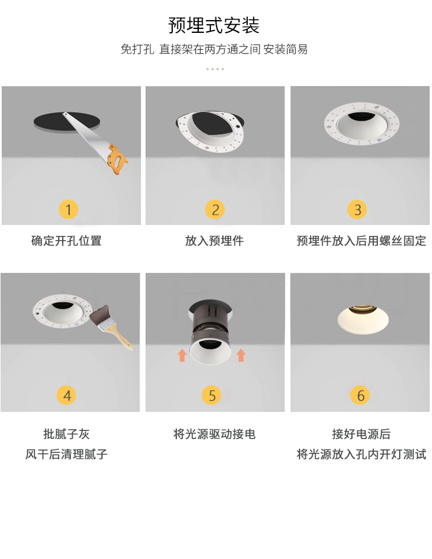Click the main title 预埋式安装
[214, 25]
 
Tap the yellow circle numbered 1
[69, 209]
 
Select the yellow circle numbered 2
[215, 209]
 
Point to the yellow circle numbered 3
[357, 209]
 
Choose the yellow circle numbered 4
[67, 395]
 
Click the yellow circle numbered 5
[211, 395]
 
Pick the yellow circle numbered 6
[360, 395]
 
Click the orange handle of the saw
[117, 159]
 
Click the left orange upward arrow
[182, 355]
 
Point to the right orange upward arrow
[241, 355]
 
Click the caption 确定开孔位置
[67, 241]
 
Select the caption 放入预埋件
[214, 241]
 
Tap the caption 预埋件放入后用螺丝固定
[361, 241]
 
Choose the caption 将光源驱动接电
[214, 434]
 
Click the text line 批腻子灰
[67, 434]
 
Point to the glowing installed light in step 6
[363, 320]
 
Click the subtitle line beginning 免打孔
[214, 49]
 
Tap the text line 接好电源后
[361, 434]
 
